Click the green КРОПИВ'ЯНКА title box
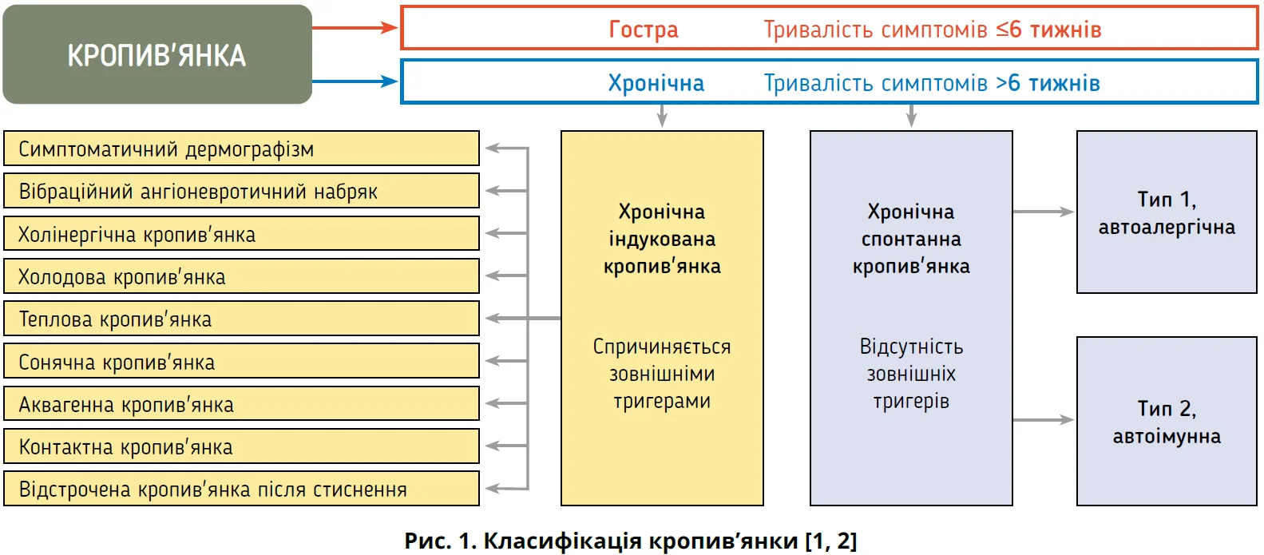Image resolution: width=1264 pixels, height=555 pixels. [157, 54]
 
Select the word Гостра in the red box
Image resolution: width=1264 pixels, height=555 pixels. [643, 30]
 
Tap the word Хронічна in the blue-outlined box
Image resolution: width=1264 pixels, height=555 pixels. [656, 83]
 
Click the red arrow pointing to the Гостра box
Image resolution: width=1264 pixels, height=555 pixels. [355, 27]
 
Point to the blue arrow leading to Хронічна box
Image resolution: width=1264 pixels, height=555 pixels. [355, 81]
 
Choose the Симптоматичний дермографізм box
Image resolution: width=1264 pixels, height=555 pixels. [241, 149]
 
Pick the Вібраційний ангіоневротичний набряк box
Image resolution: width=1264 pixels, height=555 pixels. [241, 191]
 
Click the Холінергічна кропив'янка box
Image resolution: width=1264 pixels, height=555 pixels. [241, 234]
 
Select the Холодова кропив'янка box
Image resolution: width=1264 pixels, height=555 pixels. [241, 276]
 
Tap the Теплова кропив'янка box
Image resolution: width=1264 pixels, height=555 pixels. [241, 319]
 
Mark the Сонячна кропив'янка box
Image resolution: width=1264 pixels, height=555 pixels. [241, 362]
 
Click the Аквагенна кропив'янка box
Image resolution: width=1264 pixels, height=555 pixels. [241, 404]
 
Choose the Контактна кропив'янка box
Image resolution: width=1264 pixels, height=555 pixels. [241, 446]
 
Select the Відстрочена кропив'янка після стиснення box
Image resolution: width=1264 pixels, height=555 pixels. [241, 489]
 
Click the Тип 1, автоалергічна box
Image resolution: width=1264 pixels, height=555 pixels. [1167, 212]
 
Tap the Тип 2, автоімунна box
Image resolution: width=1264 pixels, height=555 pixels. [1167, 422]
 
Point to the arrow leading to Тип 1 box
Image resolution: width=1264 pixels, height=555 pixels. [1044, 212]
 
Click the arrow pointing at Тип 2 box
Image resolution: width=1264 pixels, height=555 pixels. [1044, 419]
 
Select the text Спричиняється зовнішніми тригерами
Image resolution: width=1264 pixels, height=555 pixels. [662, 374]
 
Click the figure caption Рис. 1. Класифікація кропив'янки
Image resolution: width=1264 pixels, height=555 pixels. [631, 541]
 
